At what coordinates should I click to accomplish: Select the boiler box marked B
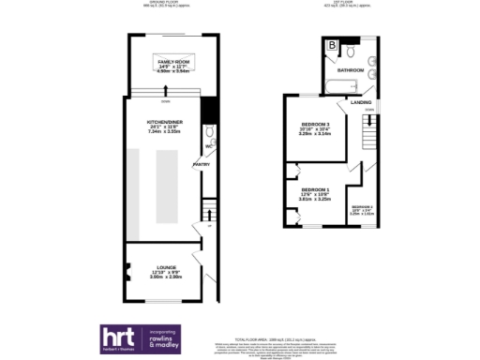332,45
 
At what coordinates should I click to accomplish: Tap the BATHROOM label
351,70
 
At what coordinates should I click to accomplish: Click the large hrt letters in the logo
121,338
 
